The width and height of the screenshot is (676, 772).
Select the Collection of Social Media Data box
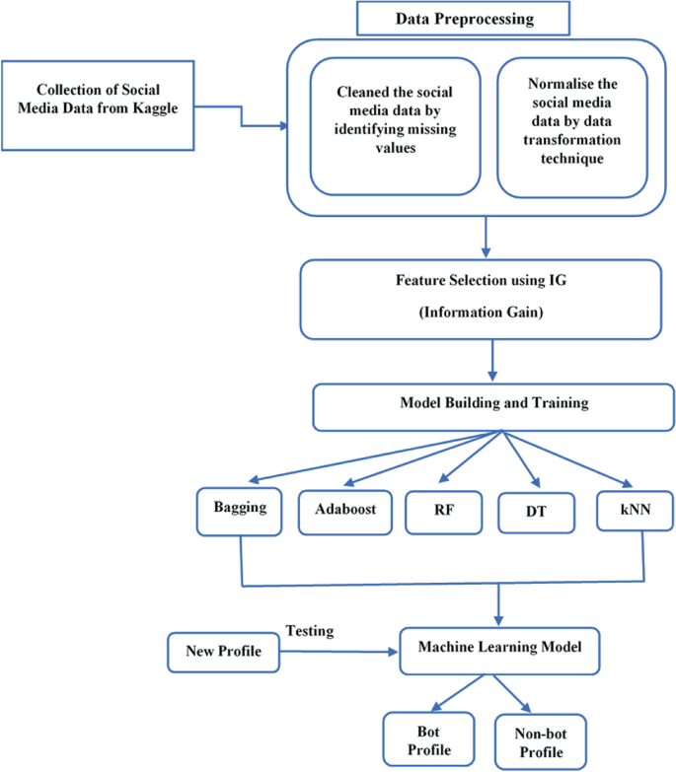click(x=98, y=105)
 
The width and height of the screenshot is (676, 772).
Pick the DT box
click(x=537, y=513)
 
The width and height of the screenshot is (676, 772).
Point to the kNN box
click(x=636, y=513)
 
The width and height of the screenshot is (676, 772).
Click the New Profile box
click(x=221, y=651)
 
